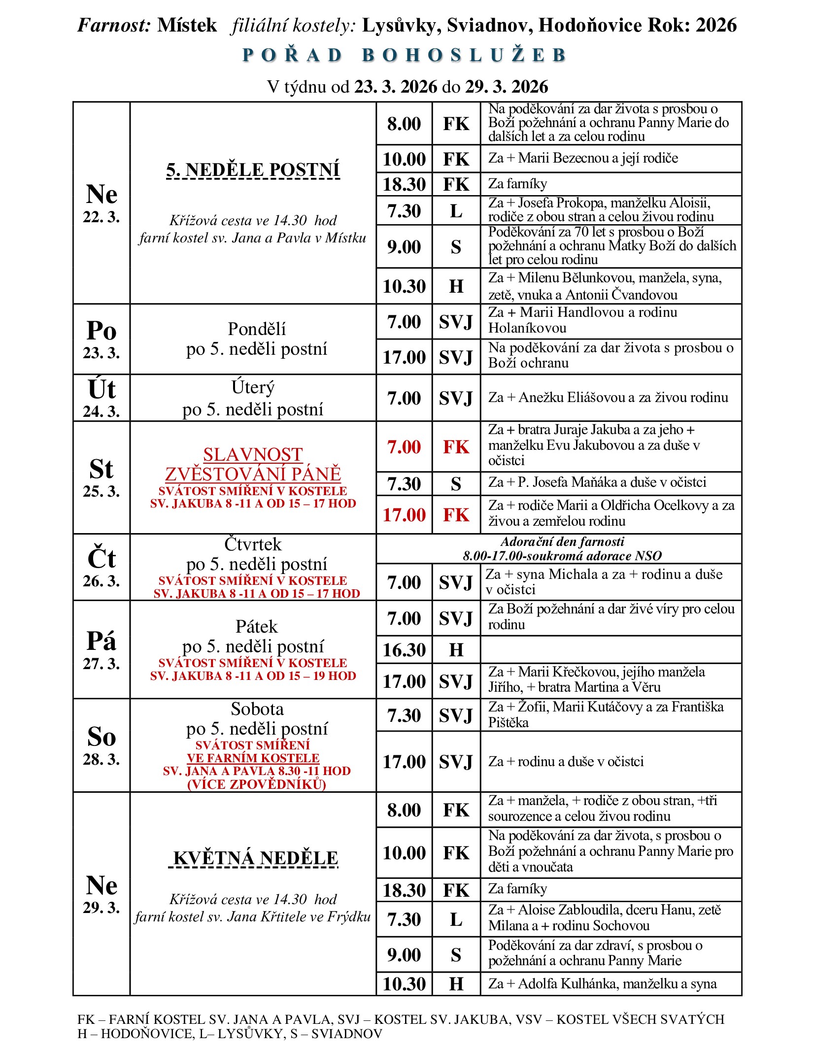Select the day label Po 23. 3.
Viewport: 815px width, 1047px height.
coord(102,339)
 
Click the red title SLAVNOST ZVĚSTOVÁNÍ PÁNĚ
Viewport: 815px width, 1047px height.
coord(253,464)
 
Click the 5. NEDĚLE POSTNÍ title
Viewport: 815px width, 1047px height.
coord(253,169)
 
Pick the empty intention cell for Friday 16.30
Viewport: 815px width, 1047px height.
coord(611,649)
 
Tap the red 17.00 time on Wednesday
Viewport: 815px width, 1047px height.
coord(404,515)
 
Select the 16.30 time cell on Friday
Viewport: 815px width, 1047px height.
coord(404,650)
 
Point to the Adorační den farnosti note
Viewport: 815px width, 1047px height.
coord(562,542)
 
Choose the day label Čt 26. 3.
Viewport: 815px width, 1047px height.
coord(102,567)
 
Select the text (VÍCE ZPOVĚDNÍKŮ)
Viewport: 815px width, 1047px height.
coord(256,784)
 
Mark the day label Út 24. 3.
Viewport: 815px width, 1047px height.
coord(102,398)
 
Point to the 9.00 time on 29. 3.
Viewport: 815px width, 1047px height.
coord(404,955)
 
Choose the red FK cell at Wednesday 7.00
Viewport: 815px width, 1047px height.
coord(456,447)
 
